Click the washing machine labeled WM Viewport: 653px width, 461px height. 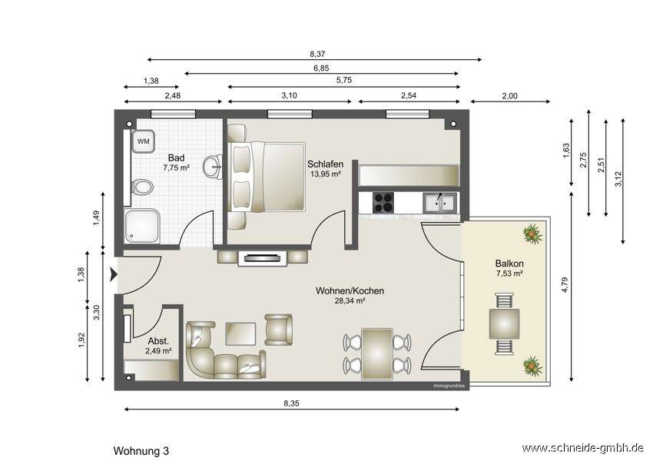tap(143, 141)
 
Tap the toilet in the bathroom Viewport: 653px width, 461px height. tap(142, 187)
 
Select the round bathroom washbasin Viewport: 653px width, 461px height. tap(213, 167)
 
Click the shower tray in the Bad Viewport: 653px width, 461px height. tap(142, 226)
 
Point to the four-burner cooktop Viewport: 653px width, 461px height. tap(383, 203)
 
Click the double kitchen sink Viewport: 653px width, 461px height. tap(440, 203)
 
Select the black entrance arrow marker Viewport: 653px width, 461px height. tap(113, 274)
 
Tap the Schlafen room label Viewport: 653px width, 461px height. tap(325, 164)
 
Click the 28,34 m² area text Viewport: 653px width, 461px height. tap(350, 300)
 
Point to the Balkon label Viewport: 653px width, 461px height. tap(509, 264)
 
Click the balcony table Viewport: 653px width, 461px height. tap(504, 323)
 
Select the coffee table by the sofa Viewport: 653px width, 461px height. tap(240, 333)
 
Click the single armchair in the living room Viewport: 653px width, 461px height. tap(278, 330)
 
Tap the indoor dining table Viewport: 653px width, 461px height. tap(377, 353)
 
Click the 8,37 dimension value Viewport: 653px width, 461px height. tap(317, 54)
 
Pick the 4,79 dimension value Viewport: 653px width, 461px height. tap(565, 285)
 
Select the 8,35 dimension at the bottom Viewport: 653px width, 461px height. tap(291, 403)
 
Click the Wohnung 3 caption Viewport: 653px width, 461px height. tap(141, 451)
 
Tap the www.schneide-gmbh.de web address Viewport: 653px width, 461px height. tap(583, 448)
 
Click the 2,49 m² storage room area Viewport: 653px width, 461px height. tap(159, 351)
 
